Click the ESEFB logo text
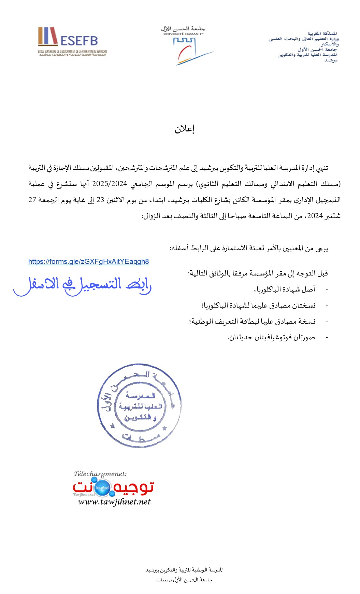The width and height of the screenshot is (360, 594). (x=79, y=41)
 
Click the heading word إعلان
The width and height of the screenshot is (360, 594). (x=185, y=129)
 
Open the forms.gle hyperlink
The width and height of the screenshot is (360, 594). (x=88, y=261)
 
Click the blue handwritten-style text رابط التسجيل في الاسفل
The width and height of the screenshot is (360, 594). (x=82, y=285)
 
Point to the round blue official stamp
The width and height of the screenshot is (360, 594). (x=139, y=405)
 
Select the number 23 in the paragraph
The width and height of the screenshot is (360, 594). (x=100, y=200)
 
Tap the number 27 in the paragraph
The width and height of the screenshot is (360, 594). (x=32, y=200)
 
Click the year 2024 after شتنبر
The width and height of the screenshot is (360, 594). (x=315, y=216)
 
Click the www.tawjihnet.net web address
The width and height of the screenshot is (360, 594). (x=114, y=502)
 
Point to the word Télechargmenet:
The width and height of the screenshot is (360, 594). (x=100, y=474)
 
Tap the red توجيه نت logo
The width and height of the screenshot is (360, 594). (x=113, y=487)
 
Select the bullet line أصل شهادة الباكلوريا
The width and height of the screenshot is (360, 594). (x=285, y=289)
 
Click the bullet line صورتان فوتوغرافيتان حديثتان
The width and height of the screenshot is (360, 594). (x=271, y=338)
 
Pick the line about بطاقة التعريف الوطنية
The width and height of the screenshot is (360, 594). (x=252, y=322)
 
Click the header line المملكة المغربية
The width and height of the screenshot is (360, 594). (x=322, y=33)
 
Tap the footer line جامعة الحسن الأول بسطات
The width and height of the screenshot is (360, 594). (x=184, y=580)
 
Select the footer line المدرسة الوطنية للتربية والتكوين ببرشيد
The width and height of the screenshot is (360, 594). (x=184, y=570)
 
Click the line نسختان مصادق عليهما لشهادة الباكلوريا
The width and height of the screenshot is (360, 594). (x=258, y=306)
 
